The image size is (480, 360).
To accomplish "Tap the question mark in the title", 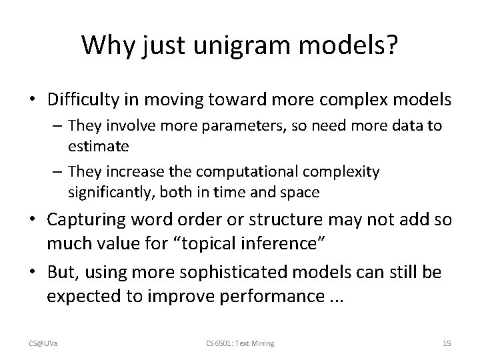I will click(x=391, y=45).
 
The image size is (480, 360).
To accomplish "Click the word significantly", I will click(x=107, y=193).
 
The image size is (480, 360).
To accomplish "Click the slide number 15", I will click(x=447, y=343).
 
